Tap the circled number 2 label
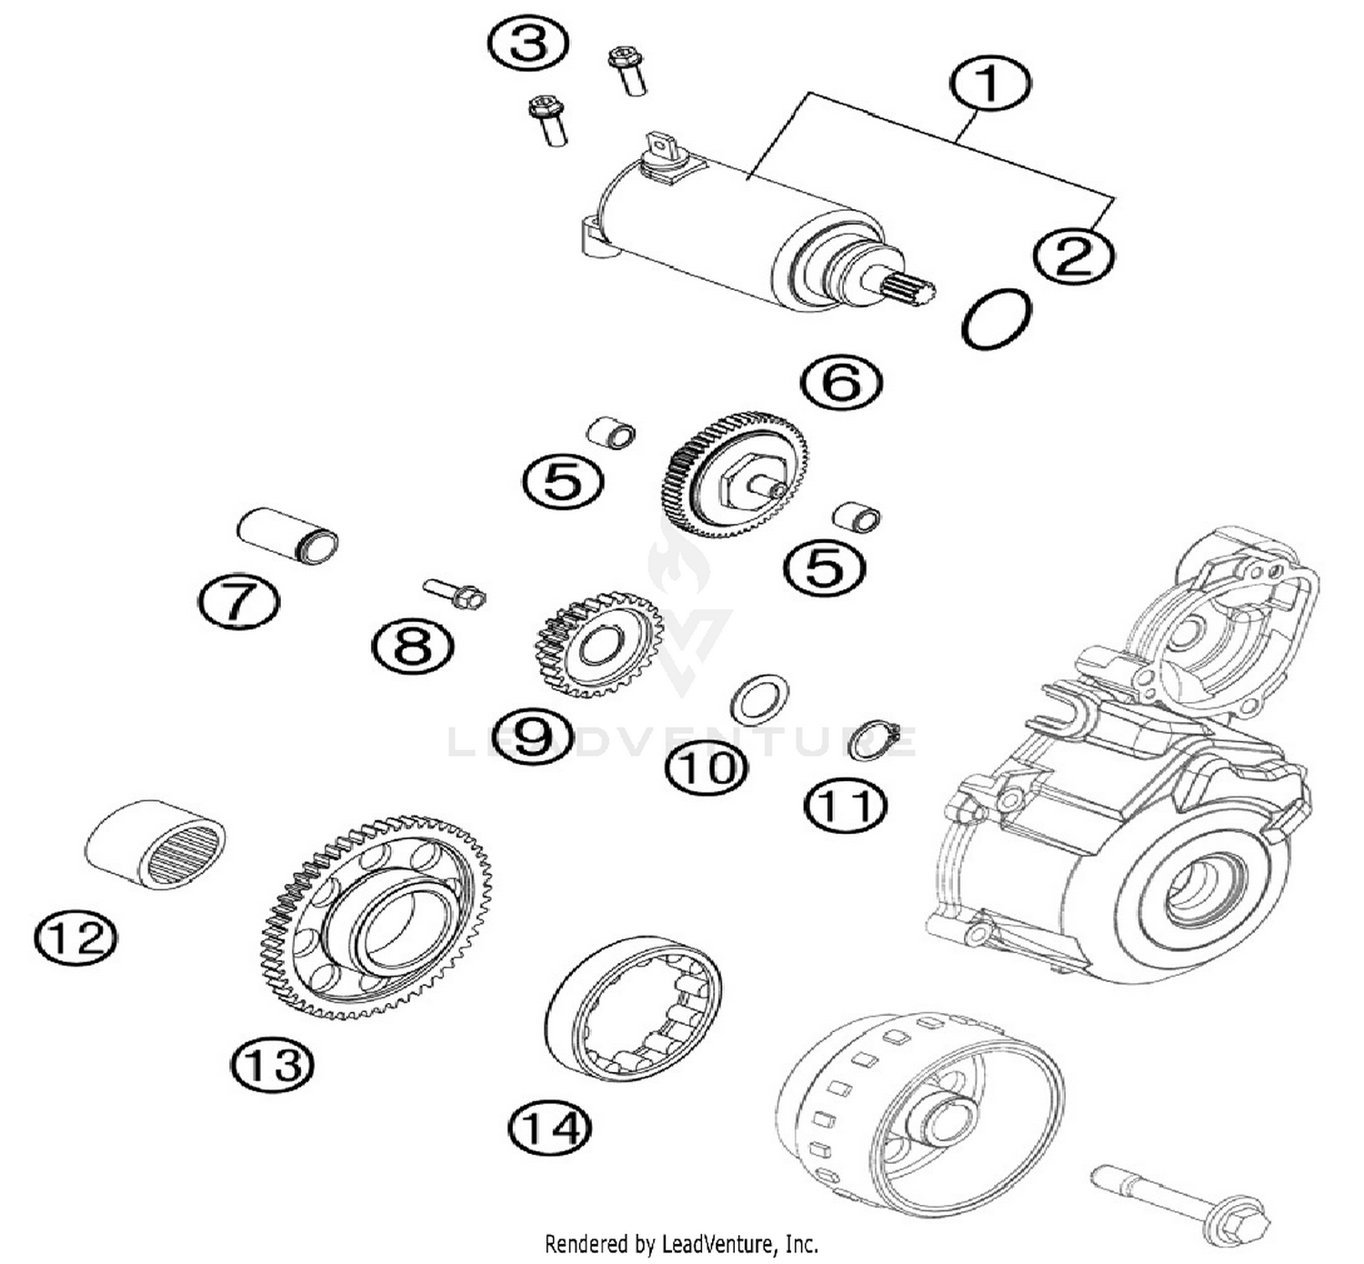point(1073,256)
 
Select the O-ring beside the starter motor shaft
point(996,318)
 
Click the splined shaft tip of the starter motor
point(910,292)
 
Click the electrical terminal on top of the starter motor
point(657,147)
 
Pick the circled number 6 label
point(841,382)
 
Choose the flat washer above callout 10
point(760,699)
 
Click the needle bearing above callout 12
point(155,844)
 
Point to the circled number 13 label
point(272,1063)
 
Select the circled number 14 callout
point(549,1129)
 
